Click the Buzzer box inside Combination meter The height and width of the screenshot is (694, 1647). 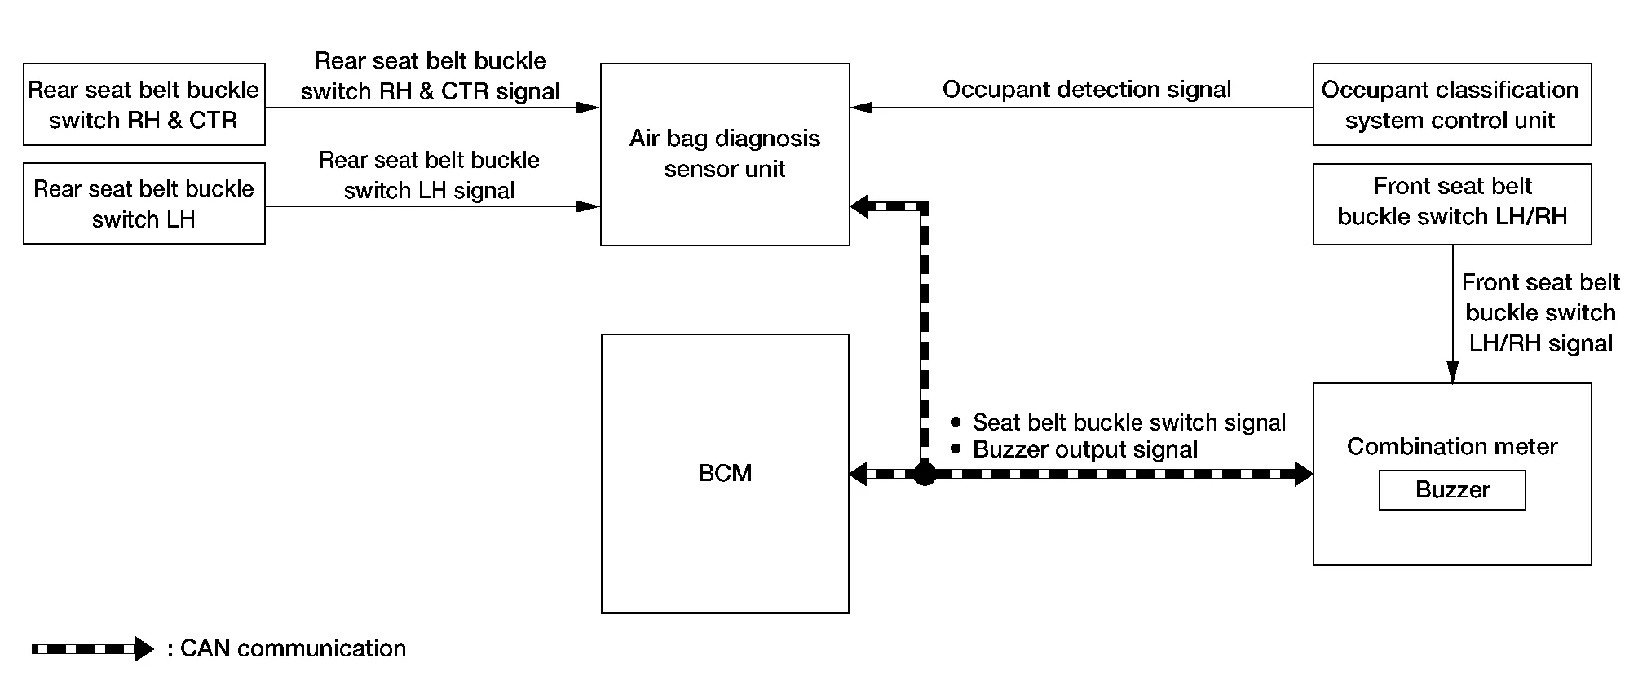[1451, 490]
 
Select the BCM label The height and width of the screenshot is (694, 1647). [725, 473]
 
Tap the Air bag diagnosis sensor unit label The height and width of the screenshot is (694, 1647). [725, 153]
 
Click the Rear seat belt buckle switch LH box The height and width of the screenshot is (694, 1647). [144, 204]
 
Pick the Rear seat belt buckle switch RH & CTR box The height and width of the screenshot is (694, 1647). [144, 104]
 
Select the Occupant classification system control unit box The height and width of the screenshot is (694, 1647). [1451, 104]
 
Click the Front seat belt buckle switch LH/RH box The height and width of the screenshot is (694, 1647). [1451, 204]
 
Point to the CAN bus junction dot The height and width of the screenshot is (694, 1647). [924, 473]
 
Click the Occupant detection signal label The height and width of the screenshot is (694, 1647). [1086, 89]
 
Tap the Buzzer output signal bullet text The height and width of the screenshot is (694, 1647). [1084, 449]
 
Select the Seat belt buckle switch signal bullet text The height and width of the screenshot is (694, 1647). [1128, 422]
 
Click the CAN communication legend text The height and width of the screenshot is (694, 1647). [292, 648]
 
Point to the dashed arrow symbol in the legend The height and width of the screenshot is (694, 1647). [91, 649]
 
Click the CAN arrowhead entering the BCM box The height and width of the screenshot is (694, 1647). [858, 473]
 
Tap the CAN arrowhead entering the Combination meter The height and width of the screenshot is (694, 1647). [1303, 473]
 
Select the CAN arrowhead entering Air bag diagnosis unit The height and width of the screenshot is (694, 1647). [859, 206]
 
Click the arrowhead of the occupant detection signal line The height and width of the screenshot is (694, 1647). [861, 107]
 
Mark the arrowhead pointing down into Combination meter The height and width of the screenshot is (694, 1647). [1452, 374]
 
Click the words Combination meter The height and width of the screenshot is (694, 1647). [1451, 446]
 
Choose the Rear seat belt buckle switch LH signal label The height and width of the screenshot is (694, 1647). [429, 175]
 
